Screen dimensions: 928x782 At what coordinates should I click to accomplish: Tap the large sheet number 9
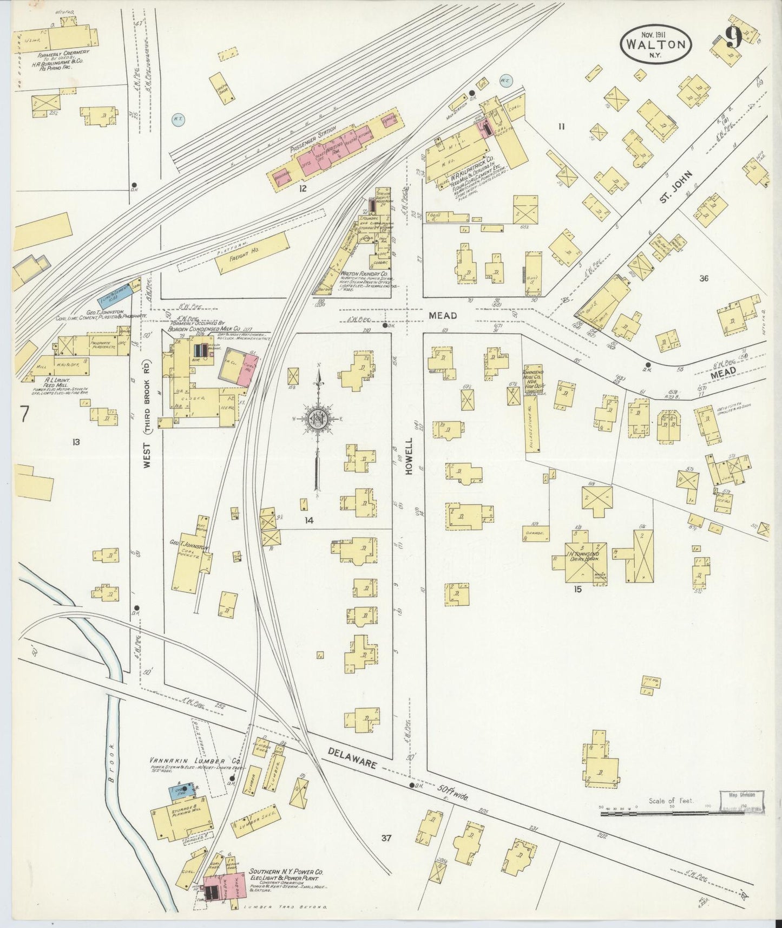733,38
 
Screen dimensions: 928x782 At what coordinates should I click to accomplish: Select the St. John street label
673,191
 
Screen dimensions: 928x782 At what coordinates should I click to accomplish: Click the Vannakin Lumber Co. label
195,761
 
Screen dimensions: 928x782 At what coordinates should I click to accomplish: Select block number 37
385,839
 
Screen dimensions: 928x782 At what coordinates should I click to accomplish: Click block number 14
308,520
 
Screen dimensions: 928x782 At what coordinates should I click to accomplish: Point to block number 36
703,279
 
